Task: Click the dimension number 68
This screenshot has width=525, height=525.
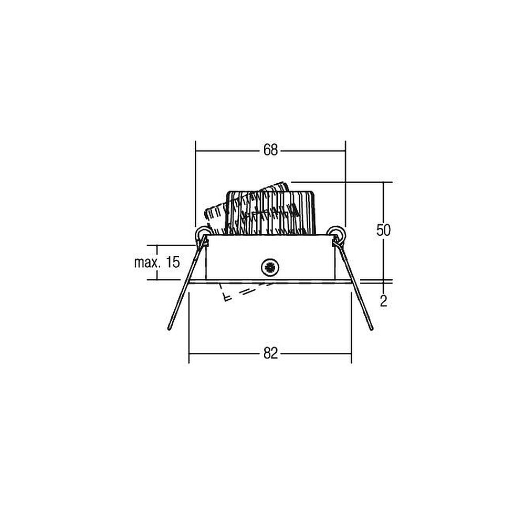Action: [x=270, y=150]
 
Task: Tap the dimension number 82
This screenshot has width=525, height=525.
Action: [x=270, y=353]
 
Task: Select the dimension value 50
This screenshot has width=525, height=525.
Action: [x=383, y=230]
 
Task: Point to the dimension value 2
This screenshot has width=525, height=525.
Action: [x=384, y=301]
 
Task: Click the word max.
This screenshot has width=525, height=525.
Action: [x=146, y=262]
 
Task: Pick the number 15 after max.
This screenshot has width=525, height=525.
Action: [x=173, y=262]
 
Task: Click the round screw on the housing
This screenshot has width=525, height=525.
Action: [x=270, y=267]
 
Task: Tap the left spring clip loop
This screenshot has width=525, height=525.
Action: [x=203, y=233]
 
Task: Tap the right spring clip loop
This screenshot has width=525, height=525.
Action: [x=336, y=233]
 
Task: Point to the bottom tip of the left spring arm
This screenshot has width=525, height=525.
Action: [x=169, y=329]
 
